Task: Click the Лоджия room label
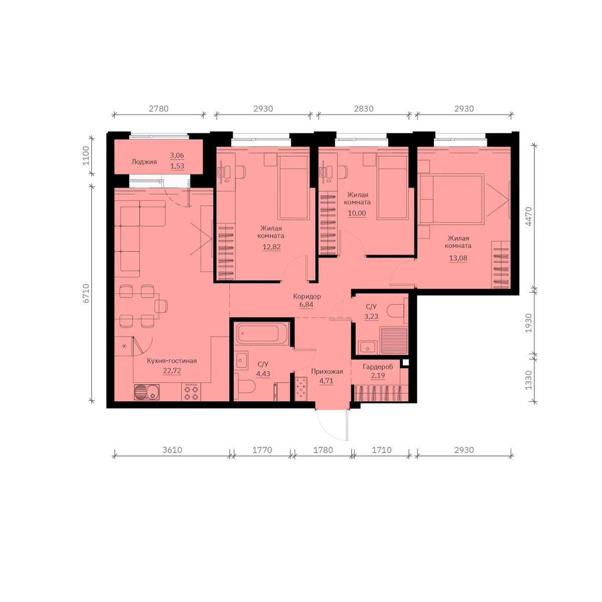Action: pos(144,162)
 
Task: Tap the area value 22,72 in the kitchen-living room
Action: pos(172,371)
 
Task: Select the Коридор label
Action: pos(307,296)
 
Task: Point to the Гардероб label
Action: pos(378,367)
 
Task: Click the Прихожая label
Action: pos(327,371)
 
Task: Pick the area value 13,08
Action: pos(458,258)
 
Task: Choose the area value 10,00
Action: pos(357,213)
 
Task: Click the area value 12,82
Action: pos(271,247)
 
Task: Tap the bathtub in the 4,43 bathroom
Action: pos(261,334)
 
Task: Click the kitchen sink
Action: pos(147,392)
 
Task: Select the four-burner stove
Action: pos(191,392)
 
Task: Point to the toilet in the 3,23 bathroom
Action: pos(397,311)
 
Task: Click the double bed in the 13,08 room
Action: pos(452,199)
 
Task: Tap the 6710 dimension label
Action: pos(86,293)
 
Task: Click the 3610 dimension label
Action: pos(172,450)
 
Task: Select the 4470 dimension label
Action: pos(528,216)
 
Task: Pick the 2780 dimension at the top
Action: pos(159,108)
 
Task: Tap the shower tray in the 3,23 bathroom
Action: pos(394,341)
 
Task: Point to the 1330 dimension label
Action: pos(528,380)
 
